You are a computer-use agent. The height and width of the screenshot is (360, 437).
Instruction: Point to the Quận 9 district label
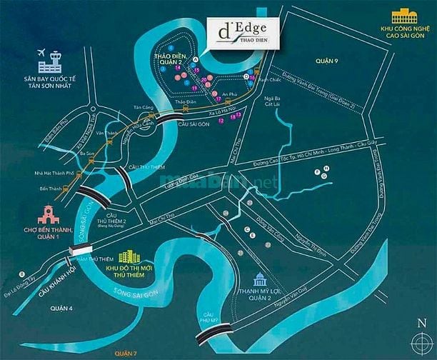point(331,61)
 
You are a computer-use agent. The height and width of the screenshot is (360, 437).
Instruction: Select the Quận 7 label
point(126,354)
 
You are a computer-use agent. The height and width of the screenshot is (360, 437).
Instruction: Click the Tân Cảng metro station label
point(144,108)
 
